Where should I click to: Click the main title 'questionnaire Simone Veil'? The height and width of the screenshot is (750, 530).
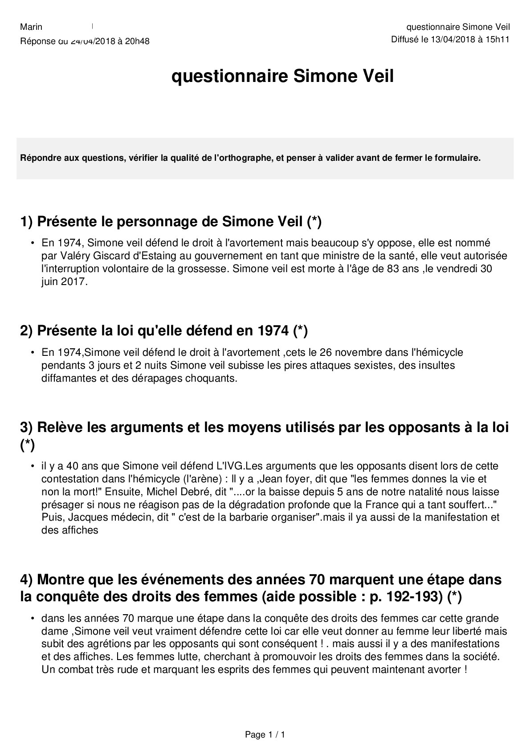click(283, 77)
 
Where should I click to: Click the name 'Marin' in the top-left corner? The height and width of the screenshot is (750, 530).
click(31, 27)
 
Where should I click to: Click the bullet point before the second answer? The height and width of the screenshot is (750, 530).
click(33, 353)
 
